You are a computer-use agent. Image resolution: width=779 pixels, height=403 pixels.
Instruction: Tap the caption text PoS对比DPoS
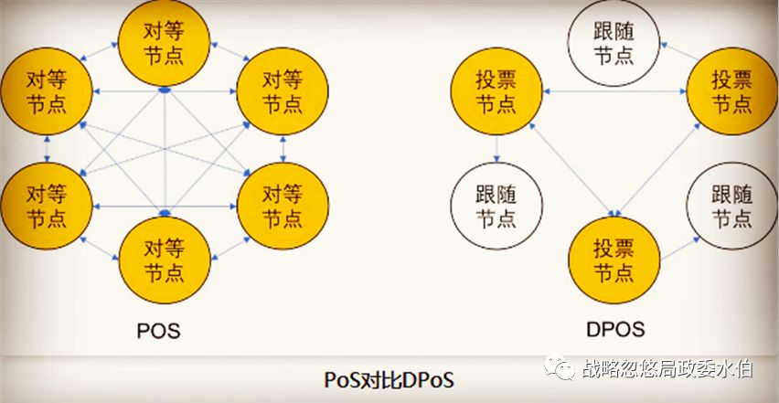[389, 378]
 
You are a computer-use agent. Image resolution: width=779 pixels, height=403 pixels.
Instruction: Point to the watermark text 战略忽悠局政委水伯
[667, 368]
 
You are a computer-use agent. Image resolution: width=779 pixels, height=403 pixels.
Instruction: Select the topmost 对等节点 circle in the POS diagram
[164, 43]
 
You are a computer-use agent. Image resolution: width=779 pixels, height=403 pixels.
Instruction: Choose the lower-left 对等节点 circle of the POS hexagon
[47, 207]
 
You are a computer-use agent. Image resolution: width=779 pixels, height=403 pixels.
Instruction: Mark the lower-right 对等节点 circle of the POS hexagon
[282, 207]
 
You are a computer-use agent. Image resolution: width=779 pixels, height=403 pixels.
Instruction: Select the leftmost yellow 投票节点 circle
[496, 91]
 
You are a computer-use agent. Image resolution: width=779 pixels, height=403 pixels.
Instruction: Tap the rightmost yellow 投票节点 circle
[731, 91]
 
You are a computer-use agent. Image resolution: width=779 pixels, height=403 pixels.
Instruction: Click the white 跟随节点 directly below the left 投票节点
[496, 207]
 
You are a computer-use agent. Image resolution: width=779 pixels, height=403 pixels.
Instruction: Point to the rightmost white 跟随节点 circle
[731, 207]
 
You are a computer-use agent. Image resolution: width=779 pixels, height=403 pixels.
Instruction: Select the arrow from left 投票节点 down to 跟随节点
[496, 150]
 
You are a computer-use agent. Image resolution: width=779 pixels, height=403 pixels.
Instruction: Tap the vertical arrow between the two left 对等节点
[47, 149]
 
